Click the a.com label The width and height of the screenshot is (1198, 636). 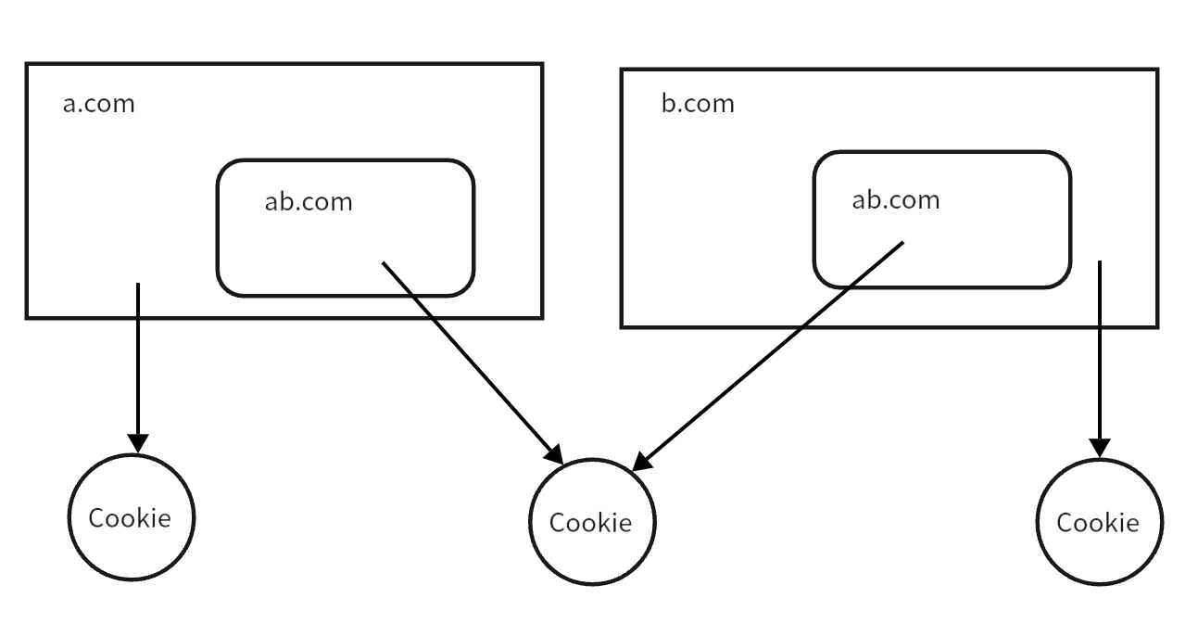click(98, 103)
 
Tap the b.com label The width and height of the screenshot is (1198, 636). click(697, 103)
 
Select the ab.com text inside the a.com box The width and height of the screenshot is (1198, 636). click(309, 201)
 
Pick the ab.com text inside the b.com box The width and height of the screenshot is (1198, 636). click(895, 199)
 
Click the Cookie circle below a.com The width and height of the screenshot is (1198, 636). click(132, 517)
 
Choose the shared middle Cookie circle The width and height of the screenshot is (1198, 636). click(592, 522)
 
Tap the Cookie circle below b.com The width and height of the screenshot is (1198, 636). click(1099, 522)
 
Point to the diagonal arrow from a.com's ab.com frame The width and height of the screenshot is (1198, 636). click(473, 363)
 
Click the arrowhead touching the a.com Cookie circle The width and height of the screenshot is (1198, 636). click(138, 443)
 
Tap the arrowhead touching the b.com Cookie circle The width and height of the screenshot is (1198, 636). click(1100, 448)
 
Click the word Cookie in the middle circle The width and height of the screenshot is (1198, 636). click(590, 523)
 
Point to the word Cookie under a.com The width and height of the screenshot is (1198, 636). click(130, 517)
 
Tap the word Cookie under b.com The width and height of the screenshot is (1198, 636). click(1098, 523)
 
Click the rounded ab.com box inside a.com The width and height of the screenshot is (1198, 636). click(345, 269)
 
